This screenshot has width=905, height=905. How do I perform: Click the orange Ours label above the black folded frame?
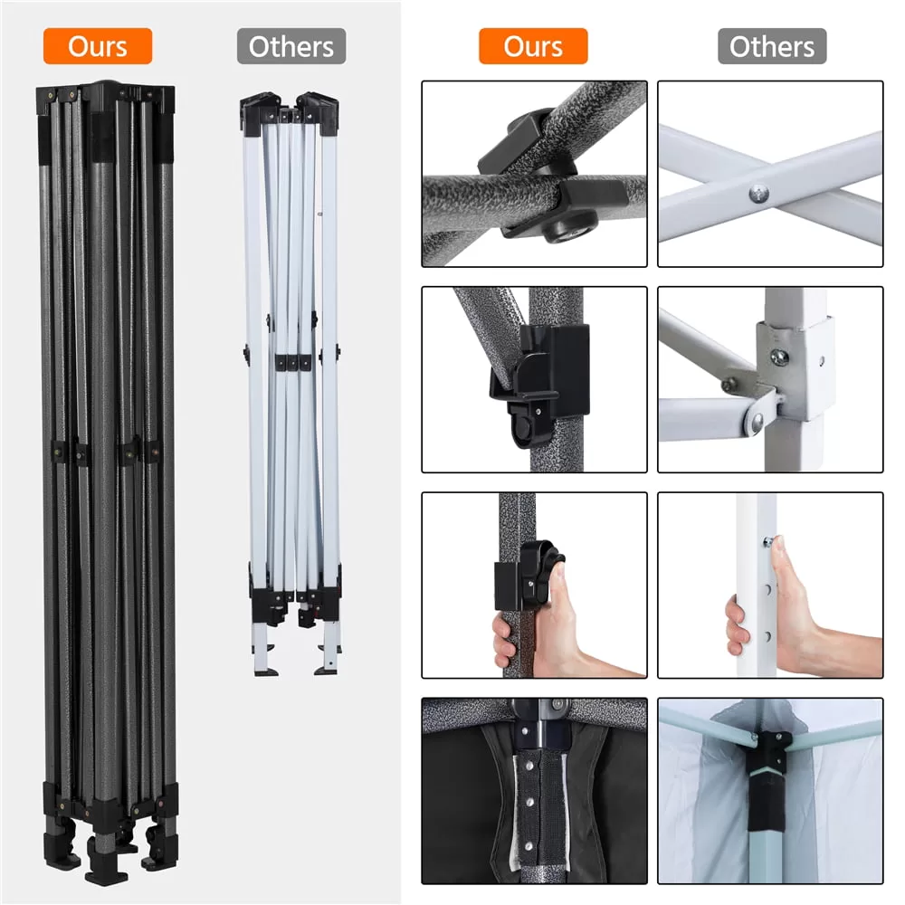(98, 46)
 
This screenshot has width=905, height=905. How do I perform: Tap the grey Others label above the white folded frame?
(291, 46)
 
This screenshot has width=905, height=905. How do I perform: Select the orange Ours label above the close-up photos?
(533, 46)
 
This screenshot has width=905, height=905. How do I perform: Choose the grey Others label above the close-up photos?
(772, 46)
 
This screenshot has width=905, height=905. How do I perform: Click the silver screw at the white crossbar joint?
(759, 194)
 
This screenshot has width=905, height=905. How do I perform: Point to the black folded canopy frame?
(108, 482)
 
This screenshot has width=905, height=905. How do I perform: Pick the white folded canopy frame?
(291, 384)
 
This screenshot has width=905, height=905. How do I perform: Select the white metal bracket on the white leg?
(794, 369)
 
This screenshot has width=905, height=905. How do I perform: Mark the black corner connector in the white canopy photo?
(766, 779)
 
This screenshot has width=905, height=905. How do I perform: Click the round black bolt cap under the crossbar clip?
(568, 228)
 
